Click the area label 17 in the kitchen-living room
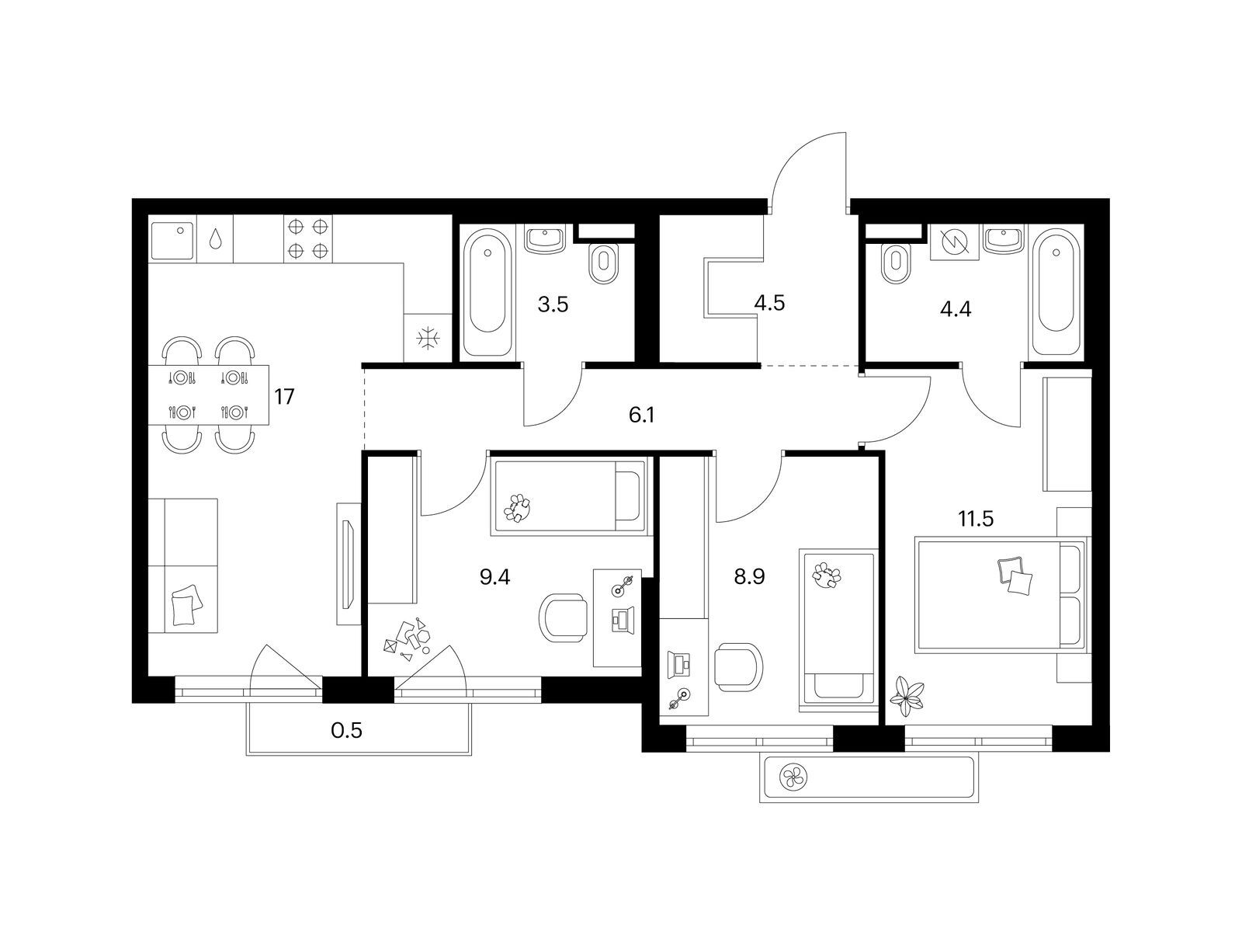(x=285, y=397)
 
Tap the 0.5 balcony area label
(x=346, y=731)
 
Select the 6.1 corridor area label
(x=642, y=416)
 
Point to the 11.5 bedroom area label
(x=976, y=518)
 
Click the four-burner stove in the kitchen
(x=308, y=238)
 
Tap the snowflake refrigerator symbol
(x=428, y=339)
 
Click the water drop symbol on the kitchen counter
(x=215, y=238)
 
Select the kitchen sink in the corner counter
(x=172, y=241)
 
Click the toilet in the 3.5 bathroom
(x=603, y=263)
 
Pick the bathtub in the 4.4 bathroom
(x=1056, y=291)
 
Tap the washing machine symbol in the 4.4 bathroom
(x=955, y=242)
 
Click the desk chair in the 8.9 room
(x=738, y=667)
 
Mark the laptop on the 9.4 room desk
(x=623, y=618)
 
